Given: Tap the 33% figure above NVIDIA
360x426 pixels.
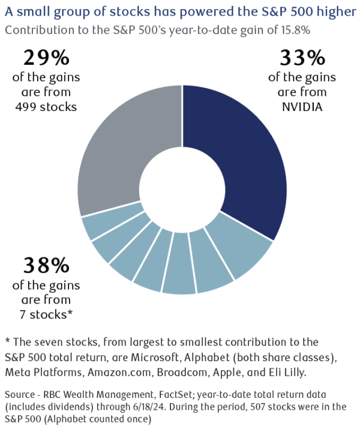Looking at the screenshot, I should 302,60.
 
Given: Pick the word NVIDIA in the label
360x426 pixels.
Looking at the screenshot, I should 302,107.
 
